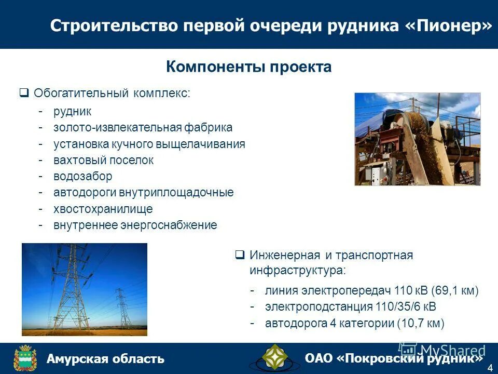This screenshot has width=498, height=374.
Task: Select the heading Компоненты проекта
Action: (248, 67)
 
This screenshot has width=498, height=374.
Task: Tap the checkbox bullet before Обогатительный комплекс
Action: (24, 94)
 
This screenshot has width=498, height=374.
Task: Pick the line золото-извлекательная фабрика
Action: (143, 127)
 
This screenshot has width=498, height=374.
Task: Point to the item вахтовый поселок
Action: (103, 160)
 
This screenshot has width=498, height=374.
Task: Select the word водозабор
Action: (82, 176)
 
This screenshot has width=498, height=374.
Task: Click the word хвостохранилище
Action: (103, 209)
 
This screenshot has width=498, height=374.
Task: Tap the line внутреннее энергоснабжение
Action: (135, 225)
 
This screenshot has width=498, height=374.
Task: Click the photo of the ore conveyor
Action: (417, 139)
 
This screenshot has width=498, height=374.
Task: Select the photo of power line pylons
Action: (85, 289)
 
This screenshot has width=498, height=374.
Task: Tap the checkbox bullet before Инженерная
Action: (240, 255)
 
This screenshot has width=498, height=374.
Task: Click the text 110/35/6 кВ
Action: (405, 306)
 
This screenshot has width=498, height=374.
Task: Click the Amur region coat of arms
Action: (24, 358)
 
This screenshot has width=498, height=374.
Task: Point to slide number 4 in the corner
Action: (490, 368)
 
